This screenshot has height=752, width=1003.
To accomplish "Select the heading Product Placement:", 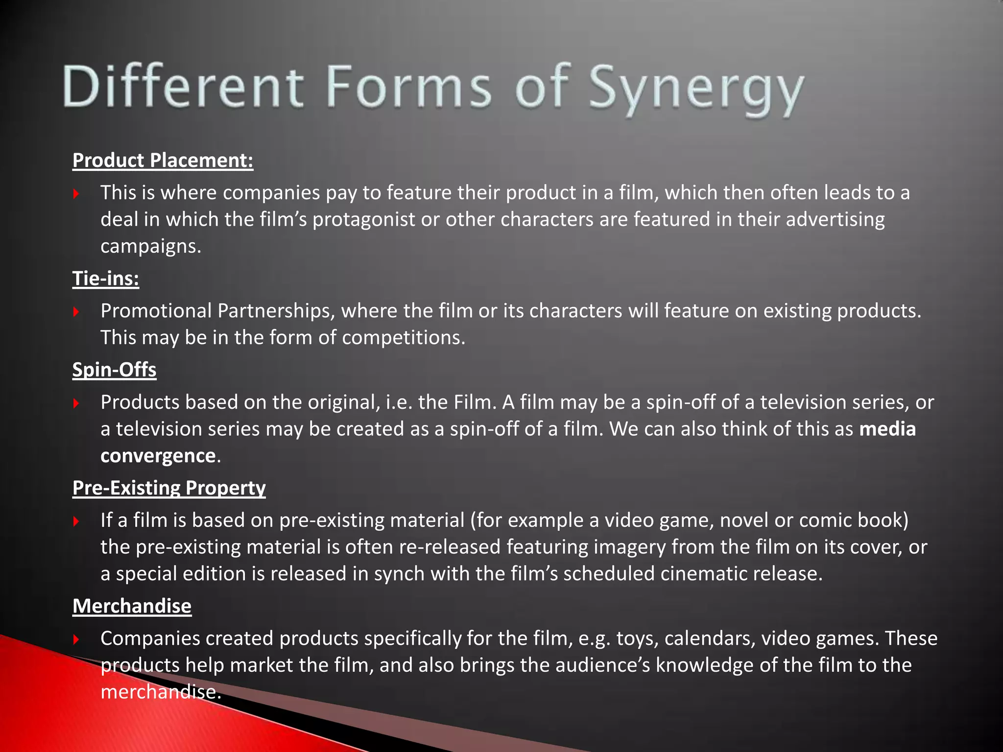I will (163, 161).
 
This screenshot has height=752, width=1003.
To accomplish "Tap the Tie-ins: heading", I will (106, 279).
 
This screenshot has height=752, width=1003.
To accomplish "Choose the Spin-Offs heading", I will (114, 370).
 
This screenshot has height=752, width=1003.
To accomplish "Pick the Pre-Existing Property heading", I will (169, 488).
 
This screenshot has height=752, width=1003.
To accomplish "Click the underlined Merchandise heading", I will (132, 606).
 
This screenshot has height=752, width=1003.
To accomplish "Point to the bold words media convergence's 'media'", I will (887, 429).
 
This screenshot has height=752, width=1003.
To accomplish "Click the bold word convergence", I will (158, 456).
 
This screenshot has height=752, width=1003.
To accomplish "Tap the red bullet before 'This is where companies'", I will (76, 194).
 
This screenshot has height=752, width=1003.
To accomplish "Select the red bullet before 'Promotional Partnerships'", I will (76, 312).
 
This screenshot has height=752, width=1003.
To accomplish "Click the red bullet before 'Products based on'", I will (76, 403).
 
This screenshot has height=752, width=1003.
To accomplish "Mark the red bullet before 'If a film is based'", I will (76, 521).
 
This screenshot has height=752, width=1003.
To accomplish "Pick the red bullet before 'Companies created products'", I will (76, 639).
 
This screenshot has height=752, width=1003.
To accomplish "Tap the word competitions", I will (403, 338).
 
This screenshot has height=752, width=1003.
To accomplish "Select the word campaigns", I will (150, 246).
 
